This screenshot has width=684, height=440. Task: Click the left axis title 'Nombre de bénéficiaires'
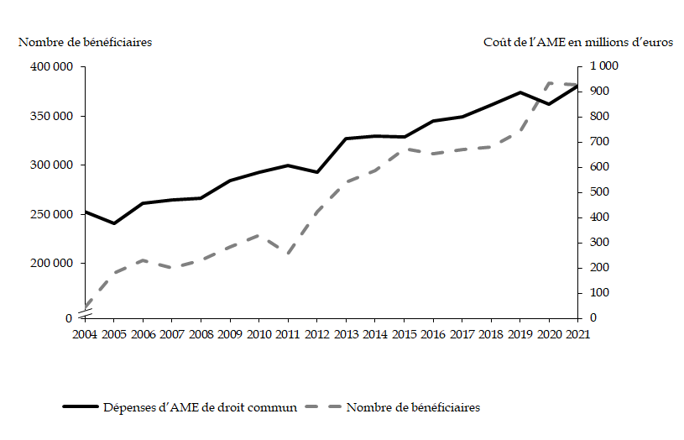[x=85, y=42]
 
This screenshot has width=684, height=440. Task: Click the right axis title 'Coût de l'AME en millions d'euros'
[x=578, y=42]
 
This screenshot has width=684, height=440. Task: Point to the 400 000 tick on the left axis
[x=52, y=66]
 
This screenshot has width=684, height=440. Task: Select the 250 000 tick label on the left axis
[x=52, y=214]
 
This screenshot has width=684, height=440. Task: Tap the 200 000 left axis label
[x=52, y=264]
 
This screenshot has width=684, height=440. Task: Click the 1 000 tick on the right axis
[x=604, y=66]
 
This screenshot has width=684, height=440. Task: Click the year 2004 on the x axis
[x=86, y=334]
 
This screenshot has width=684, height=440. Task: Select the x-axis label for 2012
[x=316, y=334]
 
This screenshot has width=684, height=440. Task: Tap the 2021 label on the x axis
[x=577, y=334]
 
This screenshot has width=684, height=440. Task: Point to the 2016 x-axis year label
[x=432, y=334]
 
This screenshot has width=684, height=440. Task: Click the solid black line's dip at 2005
[x=114, y=223]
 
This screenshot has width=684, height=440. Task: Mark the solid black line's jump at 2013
[x=346, y=138]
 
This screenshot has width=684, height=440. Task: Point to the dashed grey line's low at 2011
[x=288, y=254]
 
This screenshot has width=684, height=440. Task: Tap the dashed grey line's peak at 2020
[x=549, y=83]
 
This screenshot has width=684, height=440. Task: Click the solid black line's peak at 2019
[x=520, y=92]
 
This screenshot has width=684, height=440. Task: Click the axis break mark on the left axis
[x=86, y=314]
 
